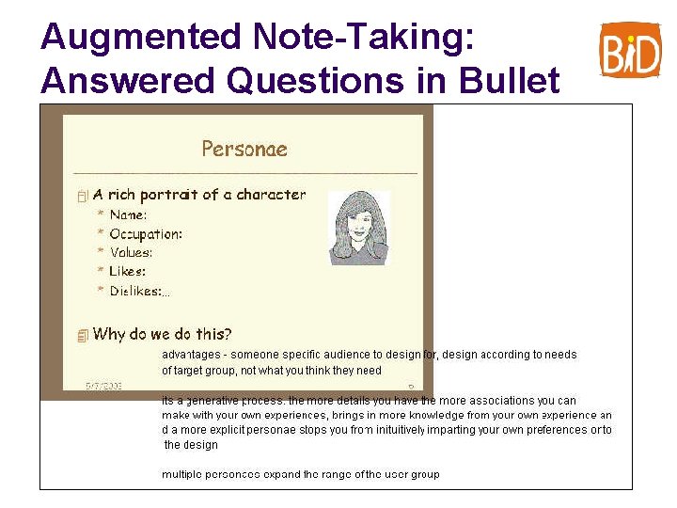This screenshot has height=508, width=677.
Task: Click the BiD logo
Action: pyautogui.click(x=630, y=49)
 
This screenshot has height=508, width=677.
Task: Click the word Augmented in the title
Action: pyautogui.click(x=141, y=37)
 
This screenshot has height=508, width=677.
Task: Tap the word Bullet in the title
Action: pyautogui.click(x=510, y=80)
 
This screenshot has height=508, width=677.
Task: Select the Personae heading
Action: pyautogui.click(x=244, y=149)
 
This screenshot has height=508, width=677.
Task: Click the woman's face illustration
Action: pyautogui.click(x=358, y=227)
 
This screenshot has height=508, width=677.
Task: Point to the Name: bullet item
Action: pyautogui.click(x=128, y=215)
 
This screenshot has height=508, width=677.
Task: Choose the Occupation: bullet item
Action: pyautogui.click(x=145, y=234)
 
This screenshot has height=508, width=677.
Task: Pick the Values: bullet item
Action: pyautogui.click(x=131, y=253)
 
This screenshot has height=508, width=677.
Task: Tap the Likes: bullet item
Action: pyautogui.click(x=127, y=272)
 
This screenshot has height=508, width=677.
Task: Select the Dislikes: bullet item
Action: pyautogui.click(x=136, y=292)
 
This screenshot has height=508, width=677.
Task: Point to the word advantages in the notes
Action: pyautogui.click(x=192, y=355)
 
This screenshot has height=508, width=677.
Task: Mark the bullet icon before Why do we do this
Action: pyautogui.click(x=83, y=336)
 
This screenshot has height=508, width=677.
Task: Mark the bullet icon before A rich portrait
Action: pyautogui.click(x=83, y=196)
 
